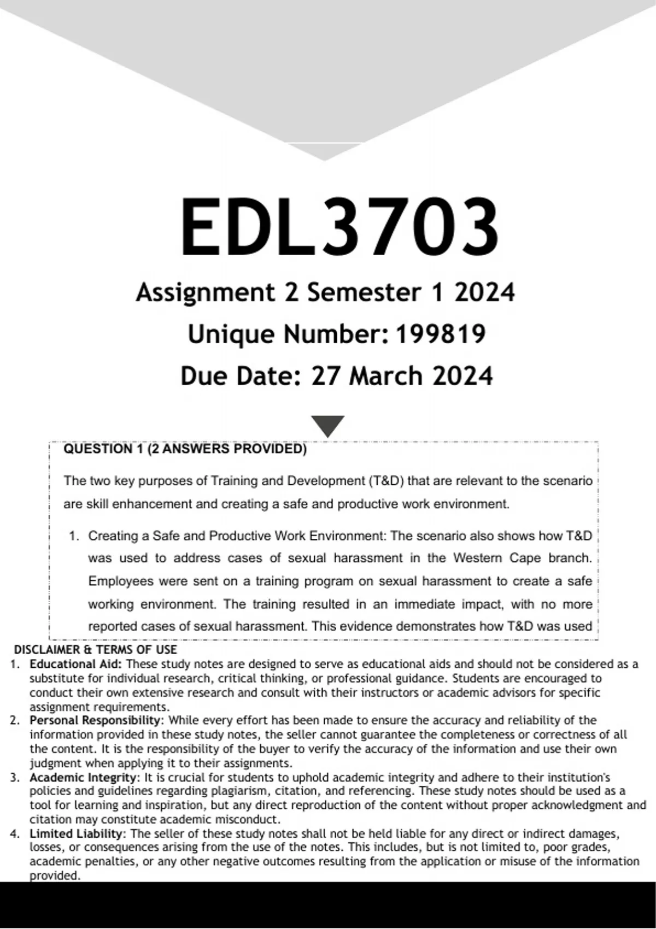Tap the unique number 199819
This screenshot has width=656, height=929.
click(x=440, y=334)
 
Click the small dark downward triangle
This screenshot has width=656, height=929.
click(x=327, y=425)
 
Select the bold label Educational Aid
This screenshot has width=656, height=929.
click(x=76, y=665)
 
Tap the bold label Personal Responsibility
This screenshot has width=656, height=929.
click(x=96, y=720)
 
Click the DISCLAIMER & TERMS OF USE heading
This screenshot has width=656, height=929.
click(x=95, y=650)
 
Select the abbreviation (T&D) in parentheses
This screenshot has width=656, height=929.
click(x=385, y=481)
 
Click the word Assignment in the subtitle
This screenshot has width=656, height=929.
click(x=205, y=292)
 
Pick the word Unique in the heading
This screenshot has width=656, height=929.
click(x=231, y=334)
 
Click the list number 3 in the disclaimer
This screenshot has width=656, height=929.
click(x=15, y=777)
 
